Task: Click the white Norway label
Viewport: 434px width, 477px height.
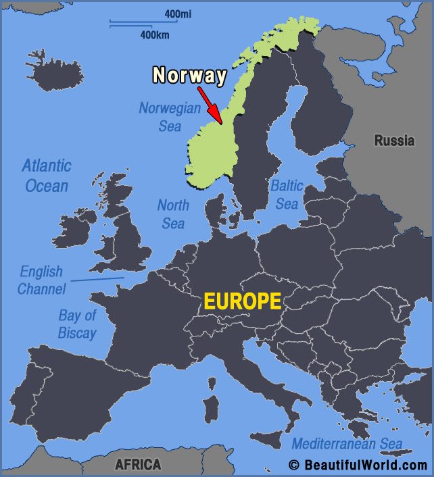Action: click(x=189, y=74)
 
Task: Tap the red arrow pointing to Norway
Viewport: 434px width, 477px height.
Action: click(x=210, y=105)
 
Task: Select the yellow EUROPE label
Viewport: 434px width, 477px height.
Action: click(x=243, y=301)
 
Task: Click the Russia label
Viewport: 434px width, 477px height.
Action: click(x=395, y=141)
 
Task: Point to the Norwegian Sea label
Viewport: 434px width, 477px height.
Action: click(x=170, y=116)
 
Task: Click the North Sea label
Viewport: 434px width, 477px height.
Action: click(x=173, y=214)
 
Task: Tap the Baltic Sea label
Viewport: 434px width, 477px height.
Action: click(x=287, y=194)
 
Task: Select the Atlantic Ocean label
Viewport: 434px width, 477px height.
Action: click(x=47, y=175)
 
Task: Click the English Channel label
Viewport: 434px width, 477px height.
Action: click(x=41, y=280)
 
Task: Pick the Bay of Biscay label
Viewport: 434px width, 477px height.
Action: click(x=77, y=324)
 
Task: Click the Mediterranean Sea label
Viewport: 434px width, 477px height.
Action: click(x=346, y=444)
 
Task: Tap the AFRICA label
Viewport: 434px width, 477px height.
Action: click(x=138, y=464)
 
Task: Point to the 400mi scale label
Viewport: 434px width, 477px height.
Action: click(x=178, y=14)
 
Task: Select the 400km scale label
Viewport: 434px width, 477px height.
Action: click(x=155, y=34)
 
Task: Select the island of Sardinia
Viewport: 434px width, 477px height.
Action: click(x=211, y=409)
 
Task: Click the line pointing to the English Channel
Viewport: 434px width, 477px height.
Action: click(x=97, y=279)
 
